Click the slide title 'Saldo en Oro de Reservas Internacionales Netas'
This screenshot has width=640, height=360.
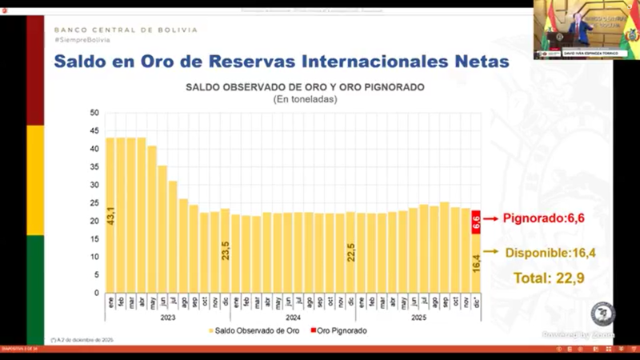point(280,62)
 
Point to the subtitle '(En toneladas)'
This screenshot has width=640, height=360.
point(305,99)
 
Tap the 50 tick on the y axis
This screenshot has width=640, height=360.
point(94,113)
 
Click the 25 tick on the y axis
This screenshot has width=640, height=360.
point(94,202)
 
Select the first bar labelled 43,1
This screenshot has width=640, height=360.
point(110,215)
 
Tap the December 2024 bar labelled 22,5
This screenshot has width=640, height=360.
point(350,252)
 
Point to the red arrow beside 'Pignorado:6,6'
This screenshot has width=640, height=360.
point(489,218)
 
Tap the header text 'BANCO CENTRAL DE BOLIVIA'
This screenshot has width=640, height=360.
point(126,30)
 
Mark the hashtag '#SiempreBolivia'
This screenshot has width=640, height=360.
point(82,40)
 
